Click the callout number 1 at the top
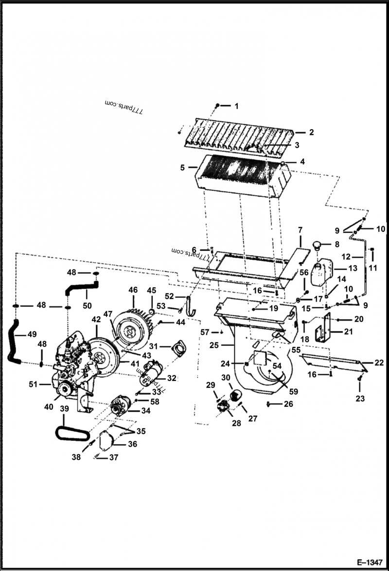pos(237,106)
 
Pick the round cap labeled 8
pos(318,244)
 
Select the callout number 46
pos(133,289)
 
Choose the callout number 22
pos(379,362)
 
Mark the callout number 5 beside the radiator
pos(182,168)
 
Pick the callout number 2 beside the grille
pos(311,132)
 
